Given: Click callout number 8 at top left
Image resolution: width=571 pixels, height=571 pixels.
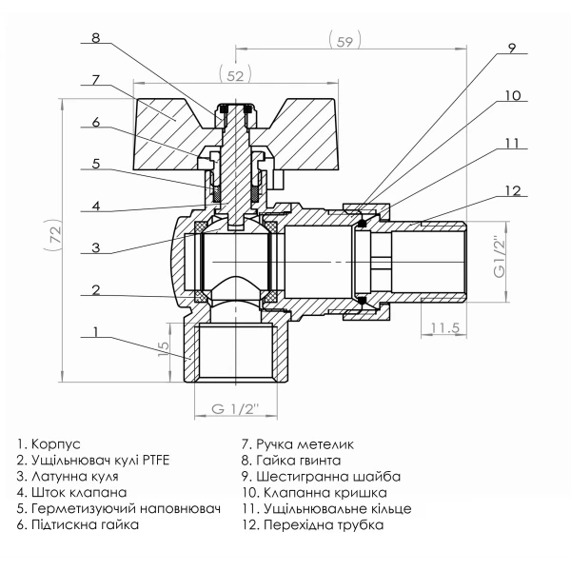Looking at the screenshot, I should coord(95,39).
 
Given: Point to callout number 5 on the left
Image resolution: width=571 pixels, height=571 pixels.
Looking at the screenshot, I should coord(95,163).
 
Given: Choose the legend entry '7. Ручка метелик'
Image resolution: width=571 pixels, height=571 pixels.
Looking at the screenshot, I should coord(298,444).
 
